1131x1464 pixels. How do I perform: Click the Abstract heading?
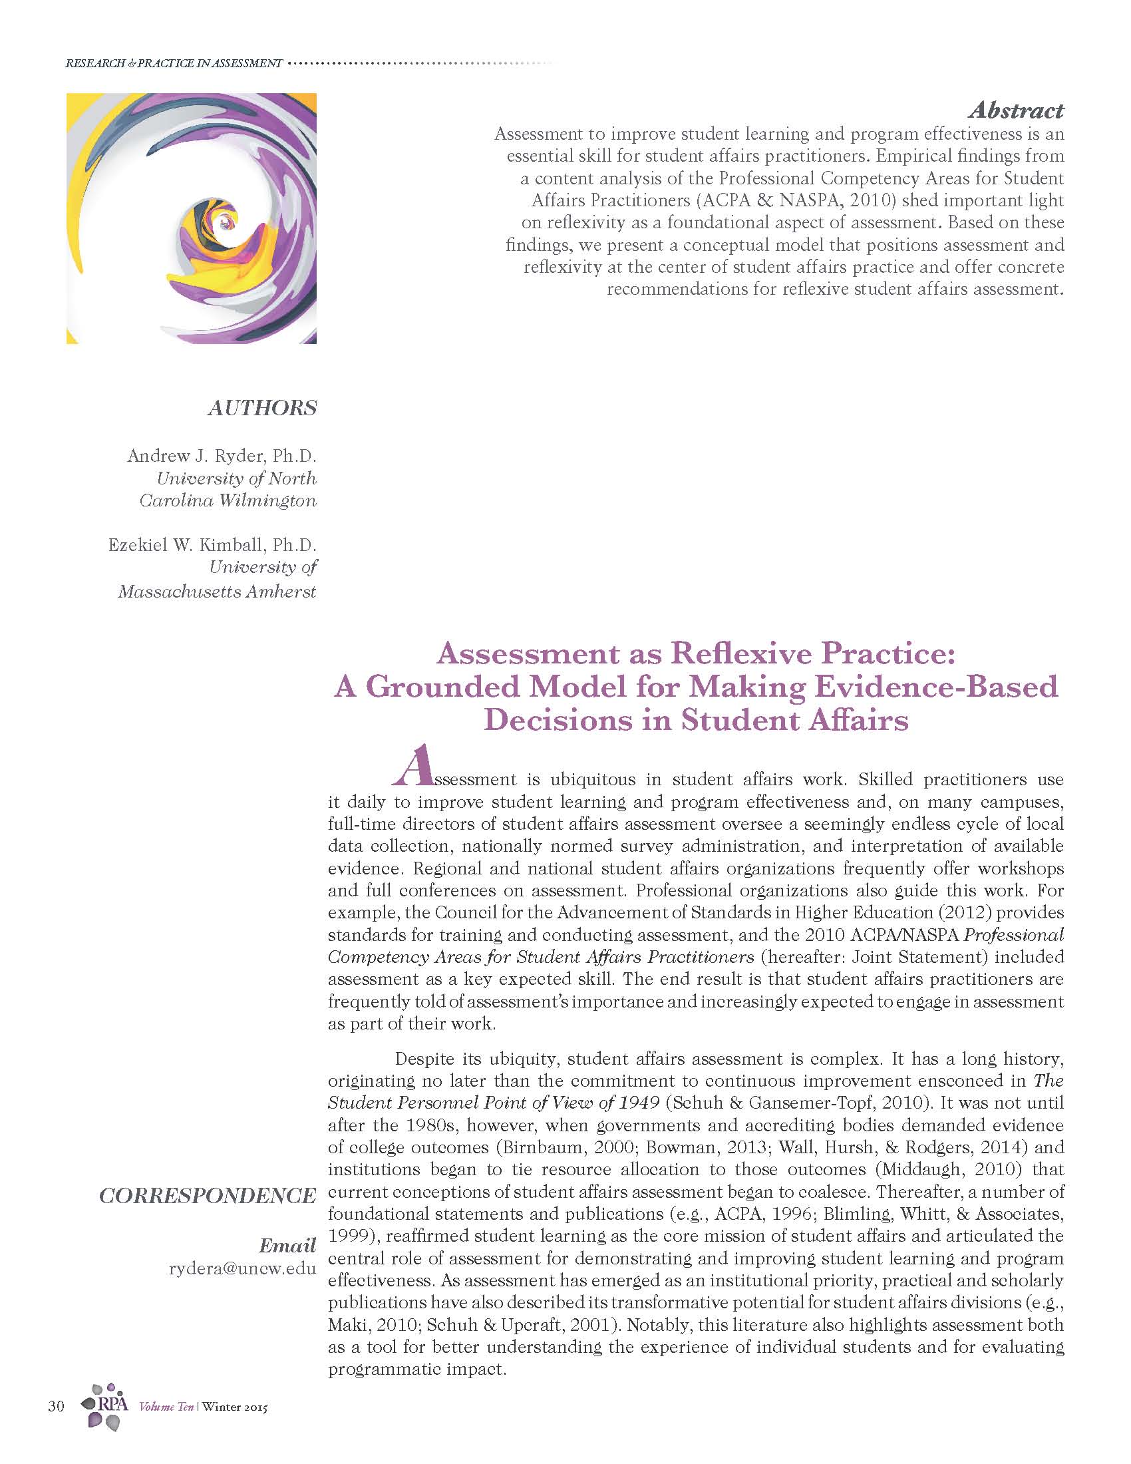coord(1016,110)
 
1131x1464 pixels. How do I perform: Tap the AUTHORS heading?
coord(262,407)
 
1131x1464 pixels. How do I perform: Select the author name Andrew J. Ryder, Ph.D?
coord(222,457)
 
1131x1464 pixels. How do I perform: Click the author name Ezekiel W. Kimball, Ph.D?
coord(212,545)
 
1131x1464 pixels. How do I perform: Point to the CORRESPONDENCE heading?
coord(208,1195)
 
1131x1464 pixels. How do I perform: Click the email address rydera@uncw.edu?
coord(243,1268)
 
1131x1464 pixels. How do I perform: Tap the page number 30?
coord(57,1406)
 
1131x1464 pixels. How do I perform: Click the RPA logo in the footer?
coord(104,1405)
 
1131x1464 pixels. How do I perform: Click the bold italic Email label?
coord(287,1246)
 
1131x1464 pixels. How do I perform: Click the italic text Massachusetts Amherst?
coord(217,592)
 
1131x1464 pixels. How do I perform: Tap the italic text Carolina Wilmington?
coord(228,500)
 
